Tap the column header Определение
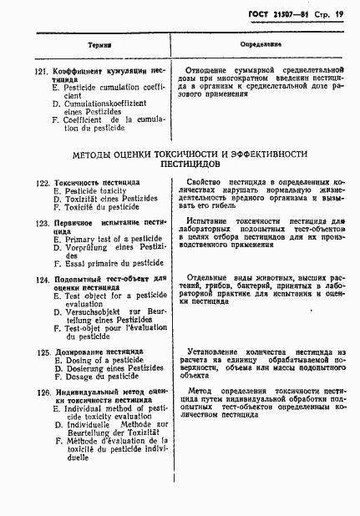263,44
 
